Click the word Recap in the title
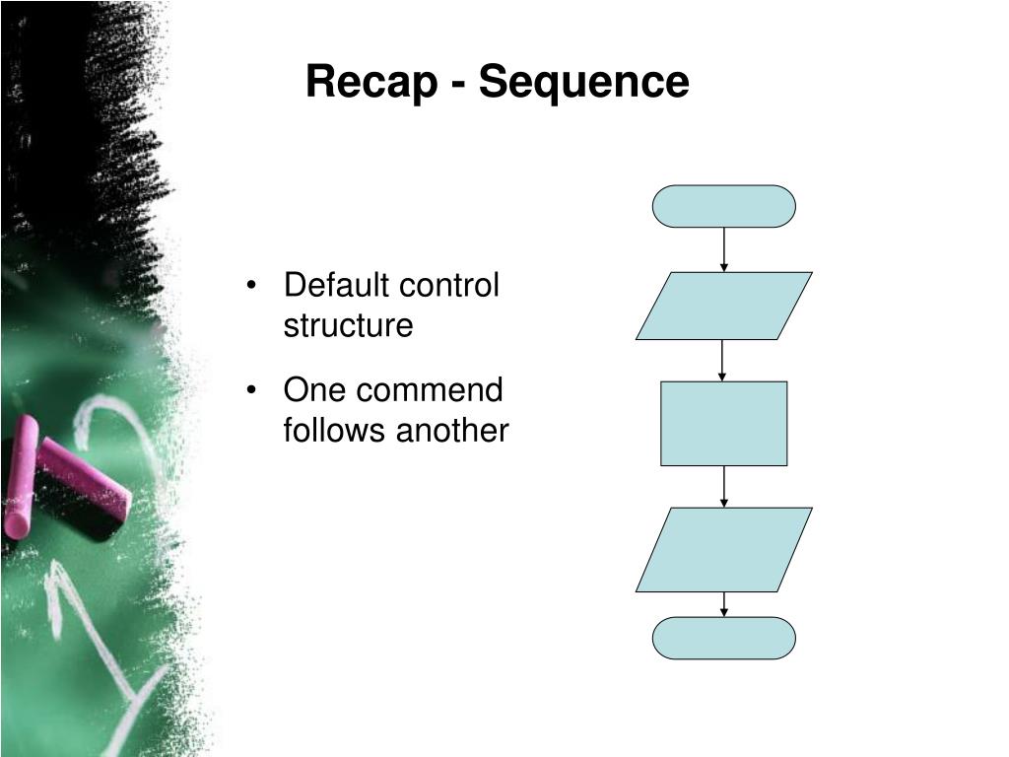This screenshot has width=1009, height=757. (x=370, y=82)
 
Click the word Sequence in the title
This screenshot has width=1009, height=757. (x=583, y=82)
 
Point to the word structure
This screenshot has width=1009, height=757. (x=348, y=325)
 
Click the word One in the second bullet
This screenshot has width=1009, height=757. (x=314, y=390)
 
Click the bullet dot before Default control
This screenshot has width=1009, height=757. (x=255, y=288)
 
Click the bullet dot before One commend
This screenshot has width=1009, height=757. (x=255, y=392)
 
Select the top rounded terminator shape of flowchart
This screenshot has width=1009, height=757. (x=723, y=206)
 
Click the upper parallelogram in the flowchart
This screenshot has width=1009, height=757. (x=723, y=306)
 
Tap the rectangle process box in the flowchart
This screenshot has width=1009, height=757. (x=723, y=423)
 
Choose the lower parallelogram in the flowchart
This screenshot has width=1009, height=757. (x=723, y=549)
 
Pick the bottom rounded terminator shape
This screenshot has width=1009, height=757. (x=723, y=638)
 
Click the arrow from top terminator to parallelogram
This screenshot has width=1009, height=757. (x=724, y=249)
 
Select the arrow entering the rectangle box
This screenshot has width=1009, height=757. (x=723, y=361)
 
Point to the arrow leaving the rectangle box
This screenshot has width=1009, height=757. (x=724, y=486)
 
